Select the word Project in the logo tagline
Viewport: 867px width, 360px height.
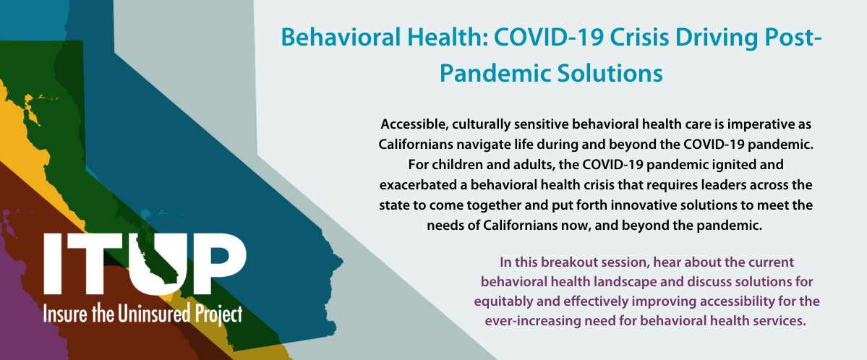coord(219,314)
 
